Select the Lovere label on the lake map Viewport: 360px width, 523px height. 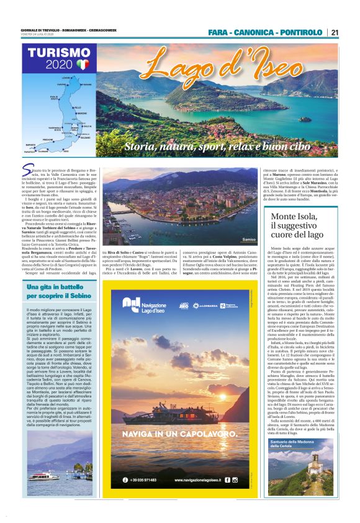coord(67,76)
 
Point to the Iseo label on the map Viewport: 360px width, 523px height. coord(66,150)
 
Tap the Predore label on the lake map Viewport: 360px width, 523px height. coord(48,140)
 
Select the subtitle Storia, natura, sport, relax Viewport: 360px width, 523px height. coord(217,147)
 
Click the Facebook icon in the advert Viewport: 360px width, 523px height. coord(227,480)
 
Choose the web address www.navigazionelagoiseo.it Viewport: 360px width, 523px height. coord(197,480)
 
